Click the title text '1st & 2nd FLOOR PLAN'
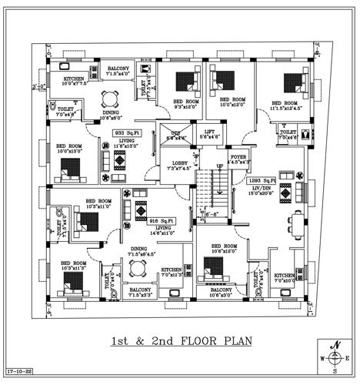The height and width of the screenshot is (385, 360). (181, 340)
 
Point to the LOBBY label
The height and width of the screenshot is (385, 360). (179, 162)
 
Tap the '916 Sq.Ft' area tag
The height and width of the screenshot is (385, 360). (163, 220)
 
